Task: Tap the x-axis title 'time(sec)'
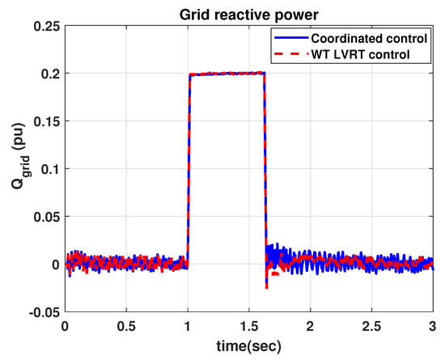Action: (x=249, y=347)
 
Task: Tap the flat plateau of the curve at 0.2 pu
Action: (x=227, y=74)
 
